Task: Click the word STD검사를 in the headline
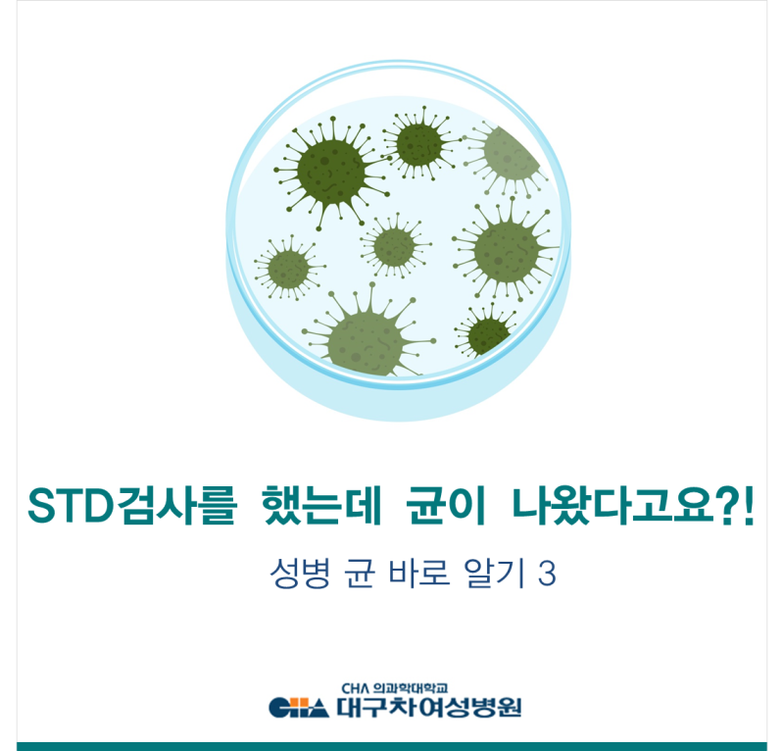click(131, 505)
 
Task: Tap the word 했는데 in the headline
click(321, 505)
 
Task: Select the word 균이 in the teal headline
click(446, 505)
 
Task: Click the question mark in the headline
click(727, 505)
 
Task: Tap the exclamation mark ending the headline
click(748, 505)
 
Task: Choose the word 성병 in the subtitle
click(300, 573)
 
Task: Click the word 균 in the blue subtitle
click(360, 573)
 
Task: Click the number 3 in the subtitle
click(548, 574)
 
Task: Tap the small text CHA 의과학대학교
click(395, 688)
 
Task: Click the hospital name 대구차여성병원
click(429, 708)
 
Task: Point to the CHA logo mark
click(299, 708)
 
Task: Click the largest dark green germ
click(331, 172)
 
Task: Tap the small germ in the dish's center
click(395, 247)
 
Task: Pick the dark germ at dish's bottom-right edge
click(486, 332)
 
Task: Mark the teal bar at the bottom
click(391, 746)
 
